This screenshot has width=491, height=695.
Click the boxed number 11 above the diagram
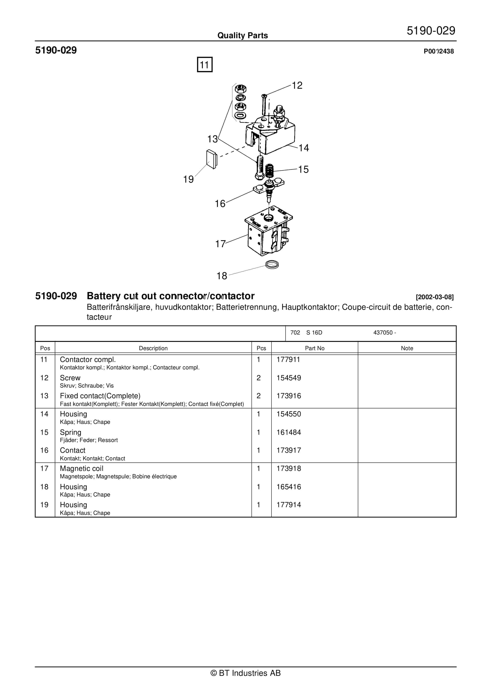pyautogui.click(x=205, y=64)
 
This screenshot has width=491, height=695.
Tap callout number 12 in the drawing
pyautogui.click(x=297, y=85)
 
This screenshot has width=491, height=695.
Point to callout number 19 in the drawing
pyautogui.click(x=188, y=179)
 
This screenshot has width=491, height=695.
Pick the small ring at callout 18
pyautogui.click(x=272, y=265)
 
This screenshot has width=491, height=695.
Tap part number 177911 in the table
pyautogui.click(x=288, y=360)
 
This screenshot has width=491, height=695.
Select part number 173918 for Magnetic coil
pyautogui.click(x=288, y=469)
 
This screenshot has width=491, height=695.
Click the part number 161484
pyautogui.click(x=288, y=432)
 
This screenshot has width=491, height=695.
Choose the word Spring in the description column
pyautogui.click(x=71, y=432)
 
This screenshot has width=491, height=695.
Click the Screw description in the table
pyautogui.click(x=70, y=378)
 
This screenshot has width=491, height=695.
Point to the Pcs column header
pyautogui.click(x=261, y=348)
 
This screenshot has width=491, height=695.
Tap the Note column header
pyautogui.click(x=407, y=348)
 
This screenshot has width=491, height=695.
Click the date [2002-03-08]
pyautogui.click(x=434, y=297)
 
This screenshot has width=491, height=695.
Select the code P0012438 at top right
pyautogui.click(x=439, y=51)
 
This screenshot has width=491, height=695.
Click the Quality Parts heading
pyautogui.click(x=242, y=35)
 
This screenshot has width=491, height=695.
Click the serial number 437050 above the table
pyautogui.click(x=383, y=332)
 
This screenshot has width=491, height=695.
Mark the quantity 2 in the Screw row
pyautogui.click(x=258, y=378)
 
